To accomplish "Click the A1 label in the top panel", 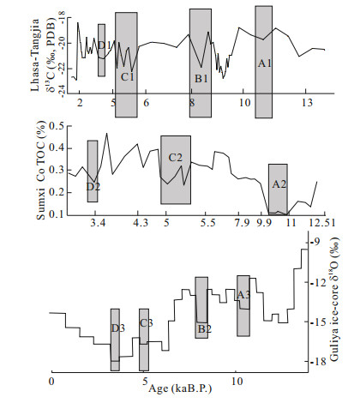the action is click(x=265, y=63).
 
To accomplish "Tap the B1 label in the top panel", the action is click(x=201, y=79).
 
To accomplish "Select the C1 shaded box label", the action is click(x=127, y=76).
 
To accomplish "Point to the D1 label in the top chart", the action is click(x=105, y=45).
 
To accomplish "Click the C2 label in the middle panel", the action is click(x=175, y=157).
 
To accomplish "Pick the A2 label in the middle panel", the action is click(x=279, y=184).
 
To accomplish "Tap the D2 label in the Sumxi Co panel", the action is click(x=93, y=187).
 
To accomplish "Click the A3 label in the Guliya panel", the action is click(x=243, y=295).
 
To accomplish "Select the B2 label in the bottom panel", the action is click(x=205, y=329).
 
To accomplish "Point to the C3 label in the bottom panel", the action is click(x=147, y=323).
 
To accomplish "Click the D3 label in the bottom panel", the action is click(x=118, y=328).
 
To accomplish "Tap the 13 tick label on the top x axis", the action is click(x=308, y=103).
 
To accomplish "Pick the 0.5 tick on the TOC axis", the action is click(x=57, y=126).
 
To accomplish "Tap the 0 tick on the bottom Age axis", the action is click(x=51, y=382).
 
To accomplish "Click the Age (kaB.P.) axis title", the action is click(x=180, y=389).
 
